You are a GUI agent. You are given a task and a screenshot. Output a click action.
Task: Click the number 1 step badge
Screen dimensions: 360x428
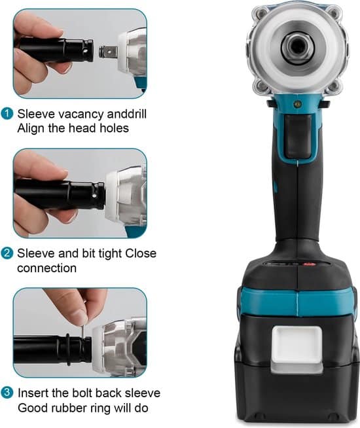[7, 114]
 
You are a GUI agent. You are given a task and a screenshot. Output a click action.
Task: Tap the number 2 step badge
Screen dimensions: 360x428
[7, 253]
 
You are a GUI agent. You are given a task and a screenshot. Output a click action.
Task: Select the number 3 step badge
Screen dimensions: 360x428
[7, 393]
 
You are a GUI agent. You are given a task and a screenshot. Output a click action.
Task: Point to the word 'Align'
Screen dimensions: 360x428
[31, 128]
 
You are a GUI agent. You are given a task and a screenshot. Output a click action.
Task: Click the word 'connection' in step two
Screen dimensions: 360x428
[46, 268]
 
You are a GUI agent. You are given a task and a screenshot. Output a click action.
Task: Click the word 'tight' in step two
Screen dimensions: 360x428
[109, 254]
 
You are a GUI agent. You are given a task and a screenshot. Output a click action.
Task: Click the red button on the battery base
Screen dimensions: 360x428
[309, 264]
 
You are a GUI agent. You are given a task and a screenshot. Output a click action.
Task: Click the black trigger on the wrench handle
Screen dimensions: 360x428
[298, 137]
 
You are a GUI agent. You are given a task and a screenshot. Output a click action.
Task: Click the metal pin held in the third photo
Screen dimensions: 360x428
[82, 332]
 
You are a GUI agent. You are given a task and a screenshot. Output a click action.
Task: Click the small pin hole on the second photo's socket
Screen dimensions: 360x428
[94, 196]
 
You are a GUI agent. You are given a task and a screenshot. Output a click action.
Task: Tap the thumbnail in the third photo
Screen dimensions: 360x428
[82, 317]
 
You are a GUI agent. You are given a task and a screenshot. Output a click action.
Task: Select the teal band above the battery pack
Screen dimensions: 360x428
[297, 301]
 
